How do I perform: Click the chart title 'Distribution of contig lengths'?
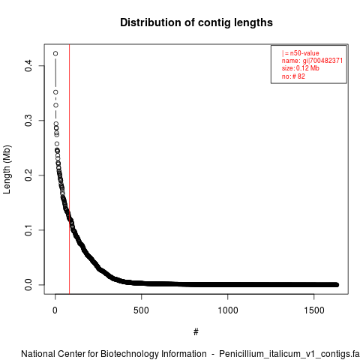pyautogui.click(x=196, y=22)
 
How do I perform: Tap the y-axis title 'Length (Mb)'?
pyautogui.click(x=7, y=169)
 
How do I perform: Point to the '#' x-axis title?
pyautogui.click(x=196, y=332)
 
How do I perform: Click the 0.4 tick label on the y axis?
pyautogui.click(x=28, y=66)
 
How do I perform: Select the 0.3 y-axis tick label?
pyautogui.click(x=28, y=121)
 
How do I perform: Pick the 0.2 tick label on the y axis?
pyautogui.click(x=28, y=175)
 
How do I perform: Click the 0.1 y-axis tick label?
pyautogui.click(x=28, y=230)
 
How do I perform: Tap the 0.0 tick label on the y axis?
pyautogui.click(x=28, y=285)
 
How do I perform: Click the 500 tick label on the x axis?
pyautogui.click(x=142, y=310)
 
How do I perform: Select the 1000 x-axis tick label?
pyautogui.click(x=228, y=310)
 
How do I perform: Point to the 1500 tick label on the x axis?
pyautogui.click(x=314, y=310)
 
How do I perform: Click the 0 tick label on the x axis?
pyautogui.click(x=55, y=310)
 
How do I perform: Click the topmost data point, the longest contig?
pyautogui.click(x=55, y=53)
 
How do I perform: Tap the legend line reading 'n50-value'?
pyautogui.click(x=301, y=53)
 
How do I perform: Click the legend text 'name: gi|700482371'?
pyautogui.click(x=312, y=61)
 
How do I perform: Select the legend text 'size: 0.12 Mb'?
pyautogui.click(x=301, y=68)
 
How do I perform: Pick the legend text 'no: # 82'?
pyautogui.click(x=293, y=76)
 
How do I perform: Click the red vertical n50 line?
pyautogui.click(x=69, y=169)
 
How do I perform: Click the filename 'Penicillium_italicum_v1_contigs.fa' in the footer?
pyautogui.click(x=289, y=354)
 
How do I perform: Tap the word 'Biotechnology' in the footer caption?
pyautogui.click(x=130, y=354)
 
